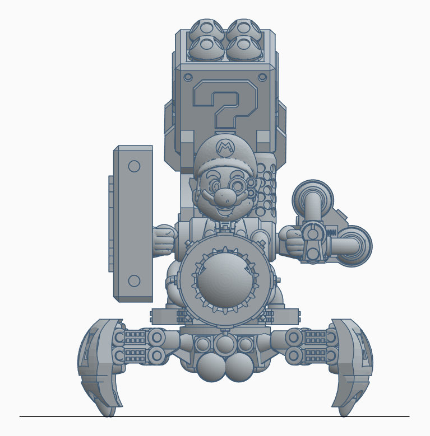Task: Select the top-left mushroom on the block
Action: tap(206, 28)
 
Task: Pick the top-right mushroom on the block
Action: tap(243, 28)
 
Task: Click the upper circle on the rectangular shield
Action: tap(134, 166)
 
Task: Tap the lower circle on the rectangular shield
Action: tap(134, 281)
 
